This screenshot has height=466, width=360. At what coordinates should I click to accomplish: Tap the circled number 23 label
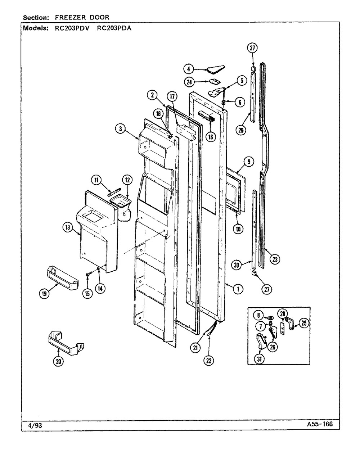pos(276,259)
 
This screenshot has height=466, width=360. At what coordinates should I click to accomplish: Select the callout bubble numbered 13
pos(68,226)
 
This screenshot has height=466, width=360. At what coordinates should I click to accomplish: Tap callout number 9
pos(248,162)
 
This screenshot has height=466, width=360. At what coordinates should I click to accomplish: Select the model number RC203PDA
pos(114,29)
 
